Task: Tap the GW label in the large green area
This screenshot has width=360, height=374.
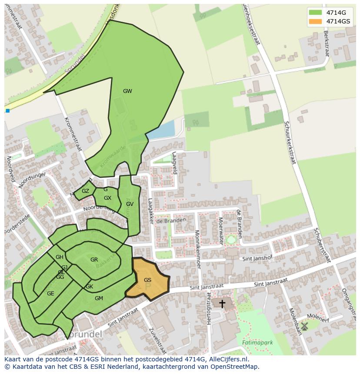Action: click(127, 91)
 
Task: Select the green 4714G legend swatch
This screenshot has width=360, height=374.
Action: click(315, 12)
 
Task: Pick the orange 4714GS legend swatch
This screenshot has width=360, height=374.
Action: click(315, 21)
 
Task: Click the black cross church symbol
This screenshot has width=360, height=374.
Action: click(222, 303)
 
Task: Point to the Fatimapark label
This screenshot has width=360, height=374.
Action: click(258, 342)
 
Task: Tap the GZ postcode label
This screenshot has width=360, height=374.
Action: click(85, 191)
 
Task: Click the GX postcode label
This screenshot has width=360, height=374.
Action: click(107, 198)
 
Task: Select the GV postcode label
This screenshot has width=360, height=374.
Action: click(130, 204)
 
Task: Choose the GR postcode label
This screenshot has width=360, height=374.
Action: click(94, 260)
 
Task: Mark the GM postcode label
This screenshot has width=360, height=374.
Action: click(99, 298)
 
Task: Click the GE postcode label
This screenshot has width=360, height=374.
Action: click(50, 294)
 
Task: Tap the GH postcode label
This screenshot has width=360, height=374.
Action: click(60, 257)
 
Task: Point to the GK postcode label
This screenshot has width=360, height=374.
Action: click(89, 287)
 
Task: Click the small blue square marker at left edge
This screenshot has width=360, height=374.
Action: click(7, 111)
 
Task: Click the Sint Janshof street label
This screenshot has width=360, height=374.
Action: click(257, 258)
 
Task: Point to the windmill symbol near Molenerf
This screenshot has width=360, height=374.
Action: click(304, 326)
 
